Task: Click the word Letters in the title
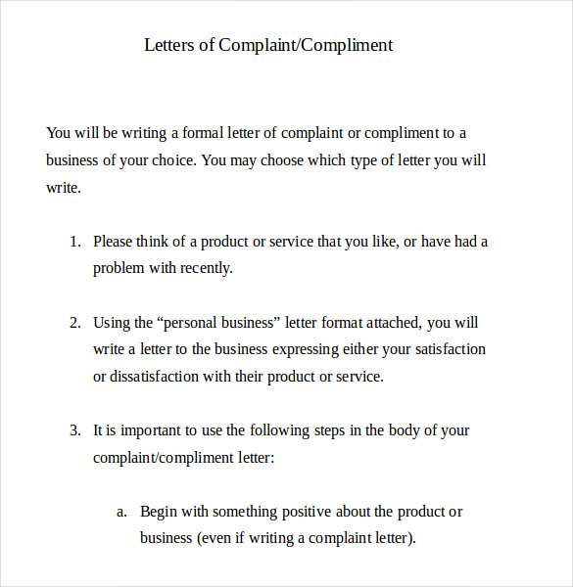click(168, 45)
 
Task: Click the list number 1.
click(74, 242)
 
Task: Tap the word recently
click(206, 268)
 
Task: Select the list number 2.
click(74, 322)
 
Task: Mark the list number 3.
click(74, 430)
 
